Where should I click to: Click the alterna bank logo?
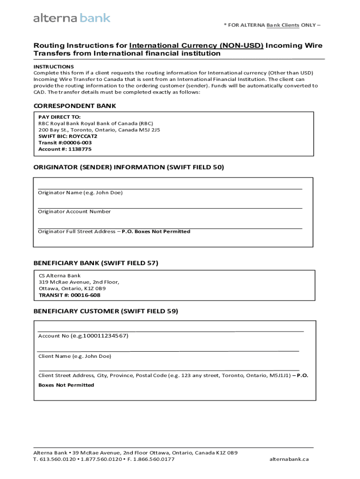72,18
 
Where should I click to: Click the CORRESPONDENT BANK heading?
74,106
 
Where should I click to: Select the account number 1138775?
80,149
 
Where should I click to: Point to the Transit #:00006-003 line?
65,143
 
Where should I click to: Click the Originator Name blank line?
170,188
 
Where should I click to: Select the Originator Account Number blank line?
170,207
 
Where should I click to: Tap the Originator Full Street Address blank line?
170,227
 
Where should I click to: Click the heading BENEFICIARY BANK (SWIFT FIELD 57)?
96,263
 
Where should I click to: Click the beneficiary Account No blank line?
171,330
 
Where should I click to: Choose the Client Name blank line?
168,350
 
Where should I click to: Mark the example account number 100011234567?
106,336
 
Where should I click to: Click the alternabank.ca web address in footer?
289,459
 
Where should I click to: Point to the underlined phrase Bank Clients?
283,25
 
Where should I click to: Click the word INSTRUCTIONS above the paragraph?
53,67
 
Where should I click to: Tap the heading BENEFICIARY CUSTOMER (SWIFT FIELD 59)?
106,311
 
